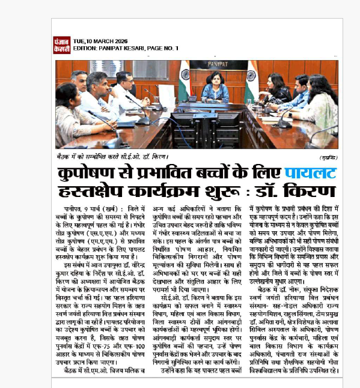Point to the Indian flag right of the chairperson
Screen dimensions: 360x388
[x=251, y=81]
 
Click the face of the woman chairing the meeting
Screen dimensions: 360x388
[x=216, y=79]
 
